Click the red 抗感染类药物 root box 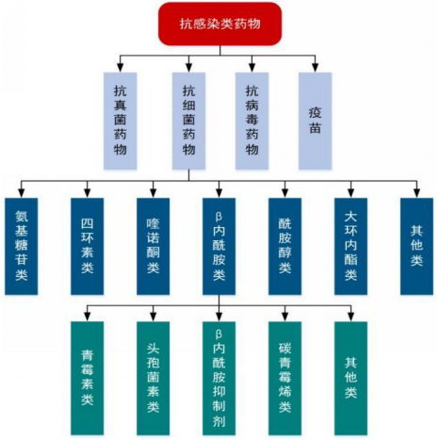(x=219, y=24)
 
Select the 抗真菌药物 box (x=121, y=121)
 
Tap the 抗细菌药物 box (x=188, y=121)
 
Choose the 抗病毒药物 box (x=252, y=121)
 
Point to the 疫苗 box (x=315, y=121)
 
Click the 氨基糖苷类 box (x=22, y=246)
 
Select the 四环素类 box (x=88, y=246)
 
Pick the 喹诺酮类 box (x=154, y=246)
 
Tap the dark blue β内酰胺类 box (x=219, y=246)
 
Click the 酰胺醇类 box (x=285, y=246)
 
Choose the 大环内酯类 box (x=350, y=246)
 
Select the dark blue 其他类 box (x=416, y=246)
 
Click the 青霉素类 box (x=88, y=378)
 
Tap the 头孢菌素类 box (x=154, y=378)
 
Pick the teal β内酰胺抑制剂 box (x=219, y=378)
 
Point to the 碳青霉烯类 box (x=285, y=378)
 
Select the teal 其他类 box (x=350, y=378)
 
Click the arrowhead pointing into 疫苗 (x=316, y=68)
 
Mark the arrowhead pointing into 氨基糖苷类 (x=22, y=193)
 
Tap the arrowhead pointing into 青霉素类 (x=88, y=317)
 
